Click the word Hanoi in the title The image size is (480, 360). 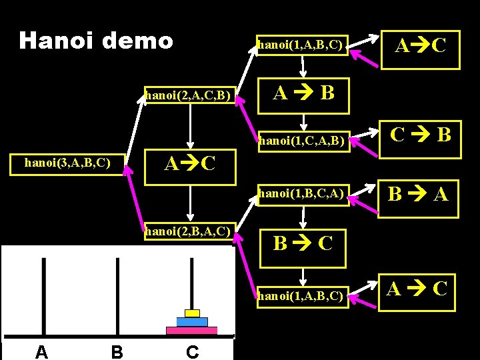coord(54,41)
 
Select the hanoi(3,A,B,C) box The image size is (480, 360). coord(67,162)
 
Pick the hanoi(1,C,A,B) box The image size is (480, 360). coord(302,140)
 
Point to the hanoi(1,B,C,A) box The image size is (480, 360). coord(302,194)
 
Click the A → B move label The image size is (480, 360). coord(304,93)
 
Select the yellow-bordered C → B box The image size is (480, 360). coord(420,136)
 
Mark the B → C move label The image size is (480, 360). coord(303,243)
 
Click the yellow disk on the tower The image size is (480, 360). coord(192,313)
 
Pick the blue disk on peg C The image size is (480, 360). coord(192,321)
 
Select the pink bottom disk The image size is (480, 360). coord(192,330)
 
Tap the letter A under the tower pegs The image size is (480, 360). coord(41,351)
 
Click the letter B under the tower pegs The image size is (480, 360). coord(117,351)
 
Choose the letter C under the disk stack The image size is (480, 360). coord(192,351)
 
